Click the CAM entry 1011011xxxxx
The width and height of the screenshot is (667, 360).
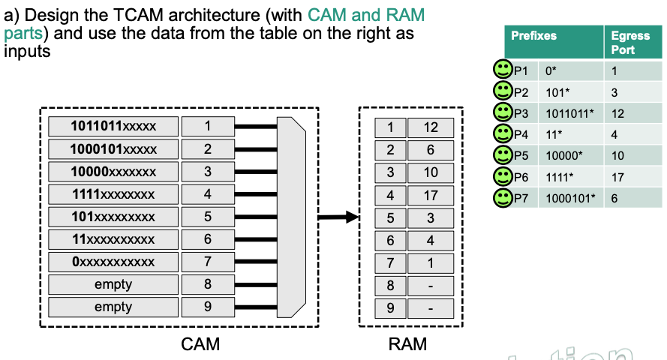tap(113, 126)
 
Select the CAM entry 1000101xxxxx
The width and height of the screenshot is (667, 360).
tap(113, 148)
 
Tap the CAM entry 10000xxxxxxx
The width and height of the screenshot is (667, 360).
tap(113, 172)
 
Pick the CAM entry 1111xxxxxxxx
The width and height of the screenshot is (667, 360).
tap(113, 194)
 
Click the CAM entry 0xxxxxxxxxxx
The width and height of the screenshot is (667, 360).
tap(113, 262)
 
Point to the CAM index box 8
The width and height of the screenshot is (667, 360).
tap(208, 284)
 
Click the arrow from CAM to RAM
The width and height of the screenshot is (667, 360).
tap(338, 217)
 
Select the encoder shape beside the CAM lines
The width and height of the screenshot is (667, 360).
tap(291, 217)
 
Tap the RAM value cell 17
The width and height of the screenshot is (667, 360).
tap(431, 196)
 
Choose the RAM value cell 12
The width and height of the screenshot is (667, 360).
tap(431, 128)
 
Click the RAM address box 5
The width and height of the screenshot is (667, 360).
tap(390, 218)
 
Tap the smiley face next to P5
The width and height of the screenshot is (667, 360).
tap(501, 155)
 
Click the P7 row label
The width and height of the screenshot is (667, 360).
tap(521, 198)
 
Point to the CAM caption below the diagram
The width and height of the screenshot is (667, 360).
tap(200, 344)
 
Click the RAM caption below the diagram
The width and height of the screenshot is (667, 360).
tap(407, 344)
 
